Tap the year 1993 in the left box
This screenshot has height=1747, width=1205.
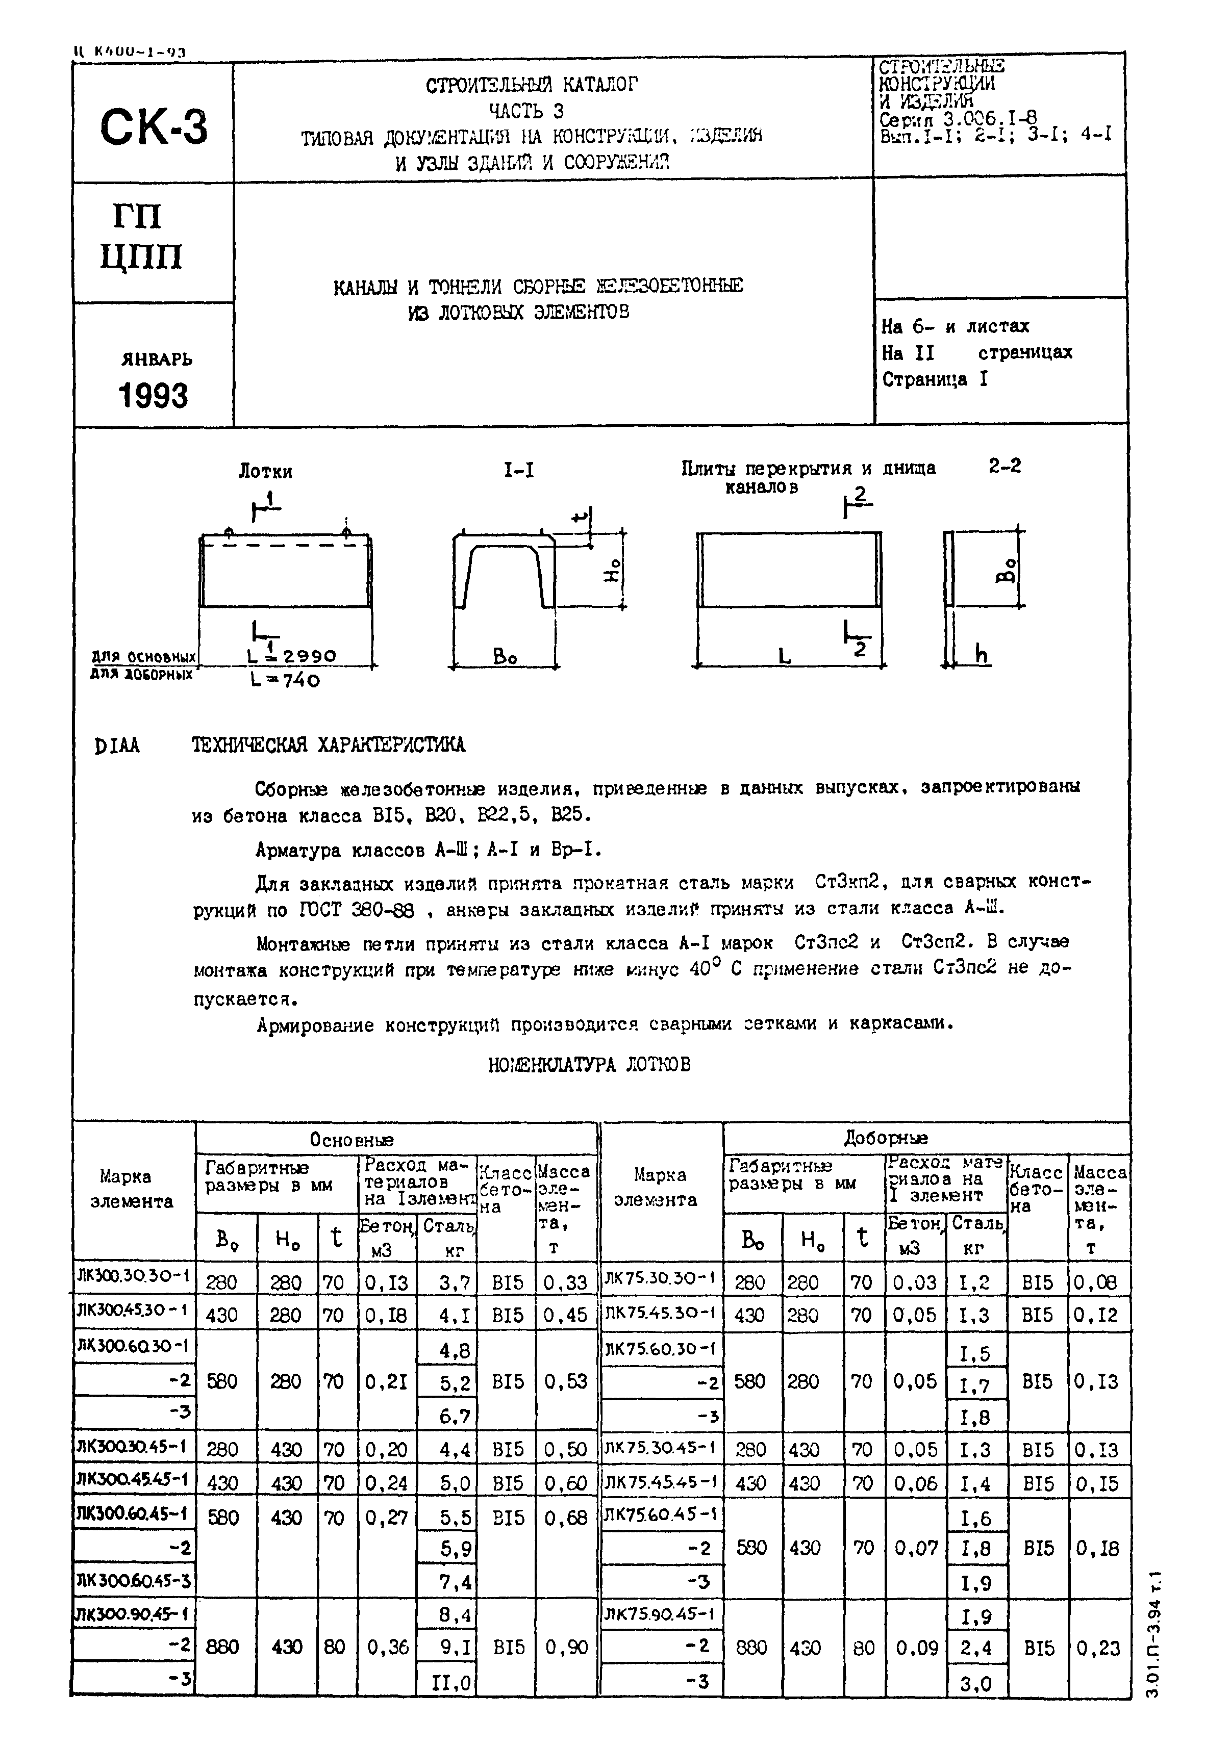click(x=153, y=395)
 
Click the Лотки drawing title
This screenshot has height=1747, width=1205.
click(x=265, y=472)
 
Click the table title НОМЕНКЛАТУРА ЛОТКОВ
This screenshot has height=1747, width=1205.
click(x=589, y=1065)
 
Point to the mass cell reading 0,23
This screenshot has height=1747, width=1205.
click(x=1098, y=1648)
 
